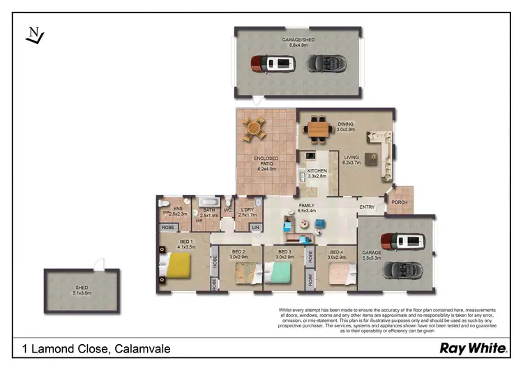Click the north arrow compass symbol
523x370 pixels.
click(33, 36)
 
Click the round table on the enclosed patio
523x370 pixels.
click(255, 128)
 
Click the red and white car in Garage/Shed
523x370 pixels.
click(268, 64)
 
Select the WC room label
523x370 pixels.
click(227, 209)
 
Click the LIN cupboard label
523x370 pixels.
click(255, 228)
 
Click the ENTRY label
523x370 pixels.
click(367, 207)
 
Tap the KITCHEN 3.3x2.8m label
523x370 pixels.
click(317, 173)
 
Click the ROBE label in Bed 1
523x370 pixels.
click(168, 228)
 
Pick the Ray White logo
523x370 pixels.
click(467, 348)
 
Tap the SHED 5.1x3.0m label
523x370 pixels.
click(82, 290)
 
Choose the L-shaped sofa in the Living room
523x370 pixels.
click(379, 146)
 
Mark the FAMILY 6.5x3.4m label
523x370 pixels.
click(307, 207)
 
